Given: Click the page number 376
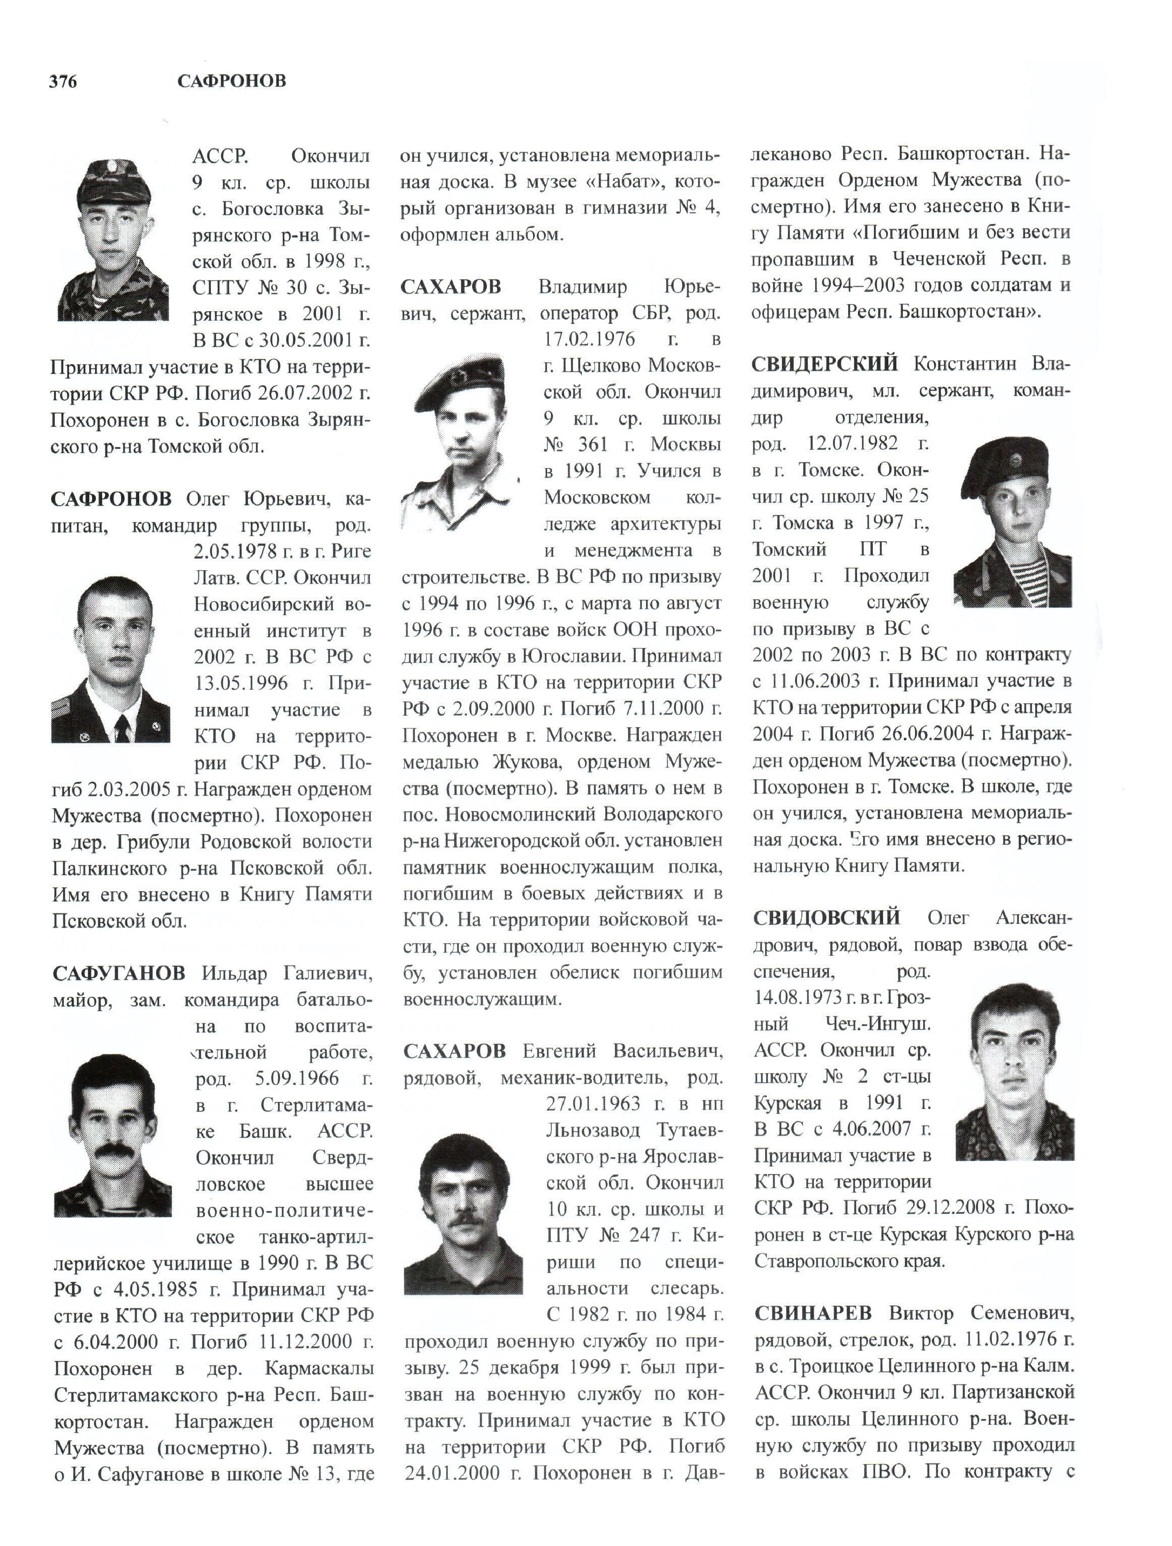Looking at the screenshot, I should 63,82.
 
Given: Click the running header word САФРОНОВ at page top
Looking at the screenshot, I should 232,82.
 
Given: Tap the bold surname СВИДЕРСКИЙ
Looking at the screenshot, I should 825,364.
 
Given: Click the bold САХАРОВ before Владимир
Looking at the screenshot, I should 451,287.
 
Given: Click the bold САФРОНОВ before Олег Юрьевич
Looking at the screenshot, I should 111,499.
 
